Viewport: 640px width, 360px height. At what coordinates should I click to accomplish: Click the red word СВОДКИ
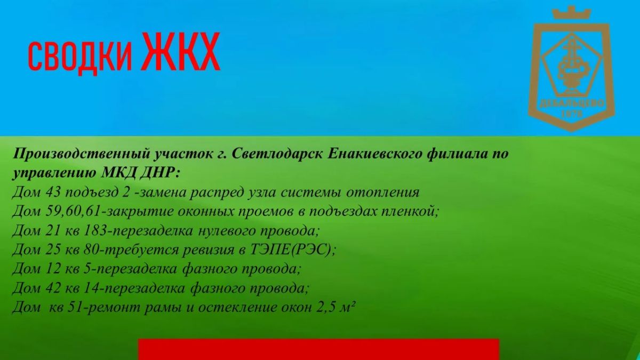click(x=80, y=56)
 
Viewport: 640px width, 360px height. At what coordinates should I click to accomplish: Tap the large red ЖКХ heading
click(x=181, y=52)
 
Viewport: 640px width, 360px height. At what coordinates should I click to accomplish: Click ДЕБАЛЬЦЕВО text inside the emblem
click(x=572, y=103)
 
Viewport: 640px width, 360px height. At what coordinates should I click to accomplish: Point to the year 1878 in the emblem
click(x=572, y=114)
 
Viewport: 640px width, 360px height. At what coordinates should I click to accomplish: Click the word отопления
click(x=383, y=193)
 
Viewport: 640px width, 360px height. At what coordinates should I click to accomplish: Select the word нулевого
click(x=226, y=231)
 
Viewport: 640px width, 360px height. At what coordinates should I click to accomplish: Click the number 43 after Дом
click(x=53, y=193)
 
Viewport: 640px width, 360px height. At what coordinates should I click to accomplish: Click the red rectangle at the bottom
click(x=318, y=349)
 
